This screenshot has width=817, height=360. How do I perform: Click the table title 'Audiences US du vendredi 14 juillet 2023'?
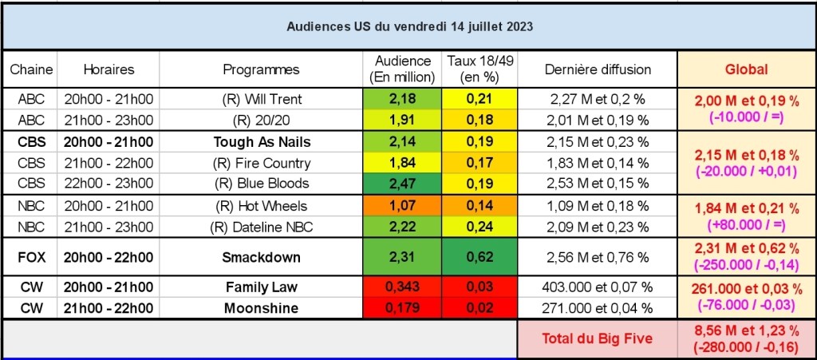[409, 26]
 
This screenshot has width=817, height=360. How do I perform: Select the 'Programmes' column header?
[261, 69]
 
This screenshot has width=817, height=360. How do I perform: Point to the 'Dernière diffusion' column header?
[598, 69]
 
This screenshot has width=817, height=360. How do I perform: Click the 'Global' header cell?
[746, 69]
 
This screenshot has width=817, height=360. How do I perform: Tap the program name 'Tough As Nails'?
[261, 142]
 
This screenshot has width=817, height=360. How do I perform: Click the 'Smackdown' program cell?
[261, 258]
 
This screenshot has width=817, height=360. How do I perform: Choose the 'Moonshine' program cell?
[261, 307]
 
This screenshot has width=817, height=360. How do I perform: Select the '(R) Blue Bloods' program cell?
[261, 183]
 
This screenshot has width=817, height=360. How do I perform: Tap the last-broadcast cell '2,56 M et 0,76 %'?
[598, 258]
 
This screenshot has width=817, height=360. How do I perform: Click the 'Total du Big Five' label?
[598, 338]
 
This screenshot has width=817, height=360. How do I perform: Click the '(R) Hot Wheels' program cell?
[261, 207]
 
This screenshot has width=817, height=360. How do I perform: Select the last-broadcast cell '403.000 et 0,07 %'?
[598, 287]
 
